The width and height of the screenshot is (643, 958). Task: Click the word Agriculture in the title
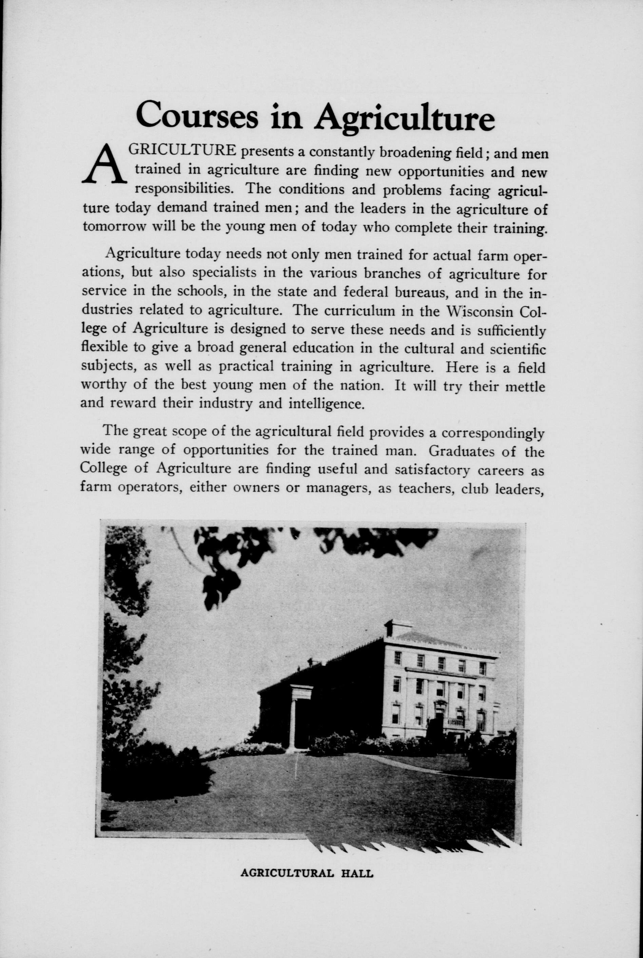click(404, 117)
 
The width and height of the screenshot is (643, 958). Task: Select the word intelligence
click(327, 404)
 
